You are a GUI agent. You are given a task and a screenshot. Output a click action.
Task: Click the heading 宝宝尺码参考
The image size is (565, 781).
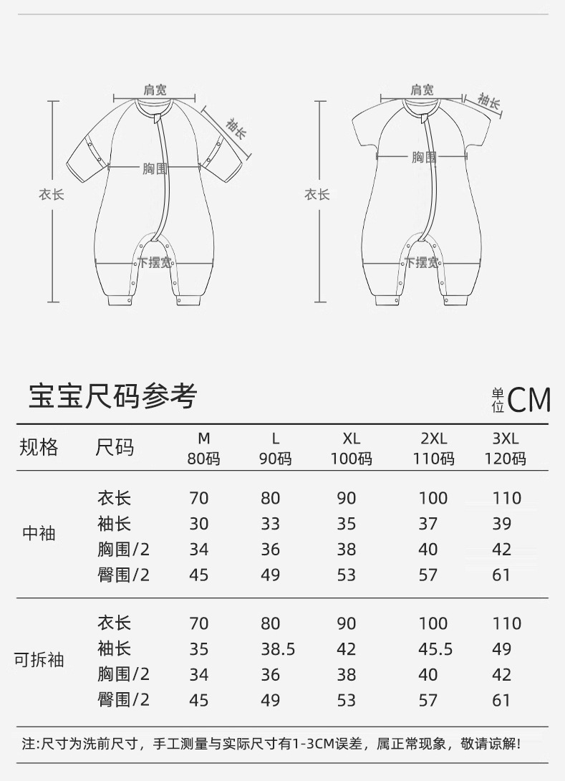point(112,396)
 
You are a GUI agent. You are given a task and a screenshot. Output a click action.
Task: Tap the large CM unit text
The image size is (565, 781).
point(529,401)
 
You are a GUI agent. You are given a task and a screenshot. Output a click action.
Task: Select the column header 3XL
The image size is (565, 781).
point(506,439)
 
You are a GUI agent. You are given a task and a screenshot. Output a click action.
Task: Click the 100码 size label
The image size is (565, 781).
point(351,459)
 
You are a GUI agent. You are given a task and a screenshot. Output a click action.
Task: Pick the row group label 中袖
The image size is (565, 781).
point(39,534)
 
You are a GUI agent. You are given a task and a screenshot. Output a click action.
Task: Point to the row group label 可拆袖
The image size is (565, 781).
point(39,659)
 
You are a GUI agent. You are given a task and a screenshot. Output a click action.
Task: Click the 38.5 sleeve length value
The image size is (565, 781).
point(277,649)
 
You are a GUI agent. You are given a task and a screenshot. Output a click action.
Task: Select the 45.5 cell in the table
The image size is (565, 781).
point(435,649)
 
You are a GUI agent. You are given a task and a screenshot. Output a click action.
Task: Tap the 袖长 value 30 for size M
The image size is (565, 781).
point(198,524)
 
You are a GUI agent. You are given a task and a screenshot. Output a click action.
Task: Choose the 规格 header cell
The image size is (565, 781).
point(39,449)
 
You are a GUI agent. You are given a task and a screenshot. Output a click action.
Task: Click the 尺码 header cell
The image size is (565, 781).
point(115,449)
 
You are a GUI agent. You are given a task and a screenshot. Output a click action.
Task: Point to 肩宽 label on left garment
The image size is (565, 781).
point(155,90)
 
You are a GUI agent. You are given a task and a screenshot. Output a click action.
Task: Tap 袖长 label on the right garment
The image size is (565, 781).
point(489,102)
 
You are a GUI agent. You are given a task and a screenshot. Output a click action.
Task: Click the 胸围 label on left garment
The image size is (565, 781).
point(154,168)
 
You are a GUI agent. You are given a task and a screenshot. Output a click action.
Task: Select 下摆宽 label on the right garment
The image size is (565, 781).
point(422,262)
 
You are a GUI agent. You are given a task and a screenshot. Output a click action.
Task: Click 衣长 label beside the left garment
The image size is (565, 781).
point(52,194)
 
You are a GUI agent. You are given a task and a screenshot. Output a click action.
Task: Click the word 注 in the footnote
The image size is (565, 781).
point(28,743)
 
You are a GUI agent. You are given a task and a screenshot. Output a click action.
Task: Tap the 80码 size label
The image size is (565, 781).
point(204,459)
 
